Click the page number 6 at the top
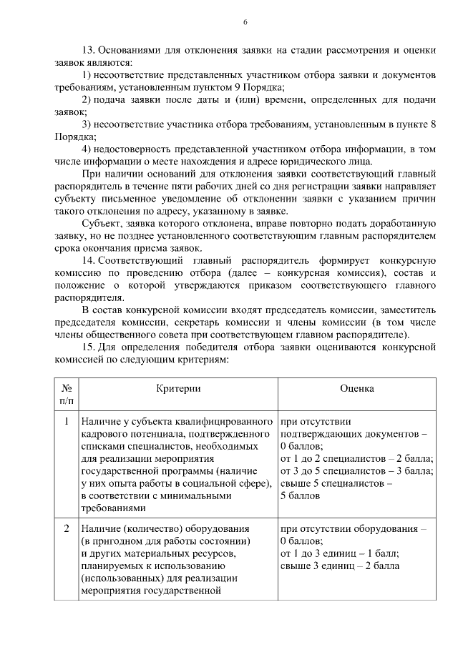click(x=245, y=22)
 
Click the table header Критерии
click(x=178, y=387)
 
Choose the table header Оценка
click(x=357, y=387)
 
